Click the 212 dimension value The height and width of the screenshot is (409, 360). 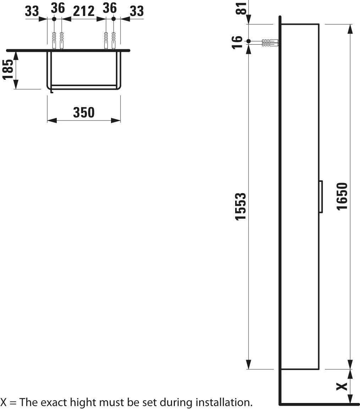(84, 11)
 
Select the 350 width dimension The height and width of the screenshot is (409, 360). (84, 112)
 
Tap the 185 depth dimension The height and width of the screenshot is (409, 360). (8, 69)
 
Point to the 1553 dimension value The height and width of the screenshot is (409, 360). (241, 206)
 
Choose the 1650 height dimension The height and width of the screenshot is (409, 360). (342, 196)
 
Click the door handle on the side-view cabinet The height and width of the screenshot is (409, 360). (320, 196)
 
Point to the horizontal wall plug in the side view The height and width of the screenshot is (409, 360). (270, 43)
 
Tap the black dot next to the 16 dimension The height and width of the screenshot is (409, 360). (249, 41)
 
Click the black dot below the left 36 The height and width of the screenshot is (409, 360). (54, 19)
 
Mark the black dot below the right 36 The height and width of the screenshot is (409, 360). (113, 19)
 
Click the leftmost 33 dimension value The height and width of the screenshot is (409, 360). (32, 11)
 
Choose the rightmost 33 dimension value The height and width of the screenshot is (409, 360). (137, 11)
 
